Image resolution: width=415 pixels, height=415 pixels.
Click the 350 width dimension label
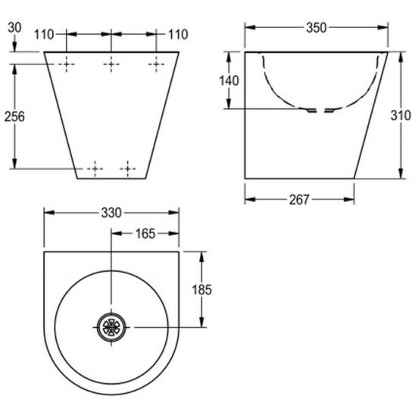pyautogui.click(x=317, y=28)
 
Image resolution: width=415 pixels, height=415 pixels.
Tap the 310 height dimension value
pyautogui.click(x=401, y=115)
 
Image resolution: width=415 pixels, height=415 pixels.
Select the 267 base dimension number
pyautogui.click(x=299, y=200)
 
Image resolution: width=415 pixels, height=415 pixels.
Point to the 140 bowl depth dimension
pyautogui.click(x=229, y=80)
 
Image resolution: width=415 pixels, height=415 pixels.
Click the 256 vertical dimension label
pyautogui.click(x=14, y=117)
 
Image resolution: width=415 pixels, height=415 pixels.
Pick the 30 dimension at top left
pyautogui.click(x=14, y=27)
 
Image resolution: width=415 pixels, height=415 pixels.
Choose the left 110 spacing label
pyautogui.click(x=44, y=35)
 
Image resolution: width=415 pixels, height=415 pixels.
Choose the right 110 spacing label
pyautogui.click(x=178, y=35)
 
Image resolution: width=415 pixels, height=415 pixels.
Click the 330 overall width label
pyautogui.click(x=111, y=213)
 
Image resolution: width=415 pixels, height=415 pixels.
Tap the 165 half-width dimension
pyautogui.click(x=145, y=234)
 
